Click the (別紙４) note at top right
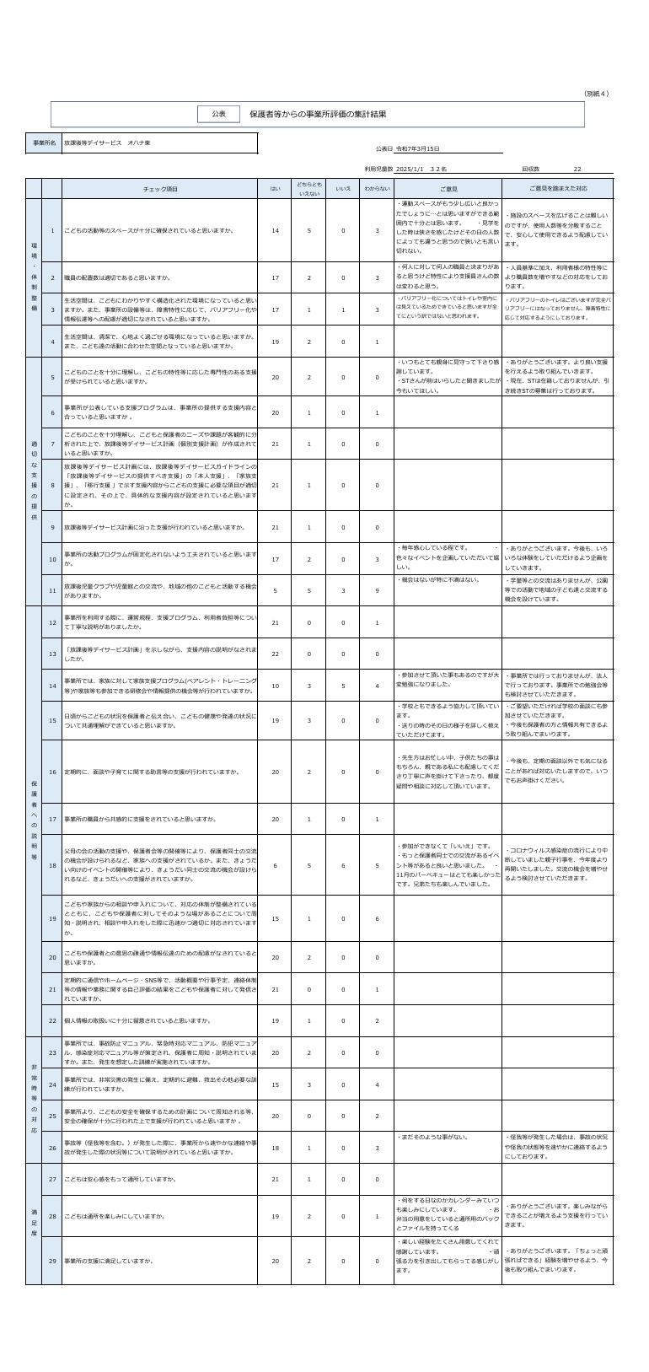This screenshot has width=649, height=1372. click(597, 94)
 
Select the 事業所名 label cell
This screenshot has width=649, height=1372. click(44, 143)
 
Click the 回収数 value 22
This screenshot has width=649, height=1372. click(577, 169)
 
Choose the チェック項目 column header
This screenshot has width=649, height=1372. click(160, 189)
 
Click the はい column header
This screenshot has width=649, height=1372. click(276, 189)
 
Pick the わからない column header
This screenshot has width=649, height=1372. click(377, 189)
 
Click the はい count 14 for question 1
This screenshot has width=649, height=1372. click(276, 230)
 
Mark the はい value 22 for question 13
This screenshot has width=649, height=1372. click(276, 654)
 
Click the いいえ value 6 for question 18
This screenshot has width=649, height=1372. click(343, 865)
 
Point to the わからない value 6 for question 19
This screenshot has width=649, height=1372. click(377, 918)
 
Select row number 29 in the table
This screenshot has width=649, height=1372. click(52, 1261)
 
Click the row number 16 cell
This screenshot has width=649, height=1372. click(52, 772)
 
